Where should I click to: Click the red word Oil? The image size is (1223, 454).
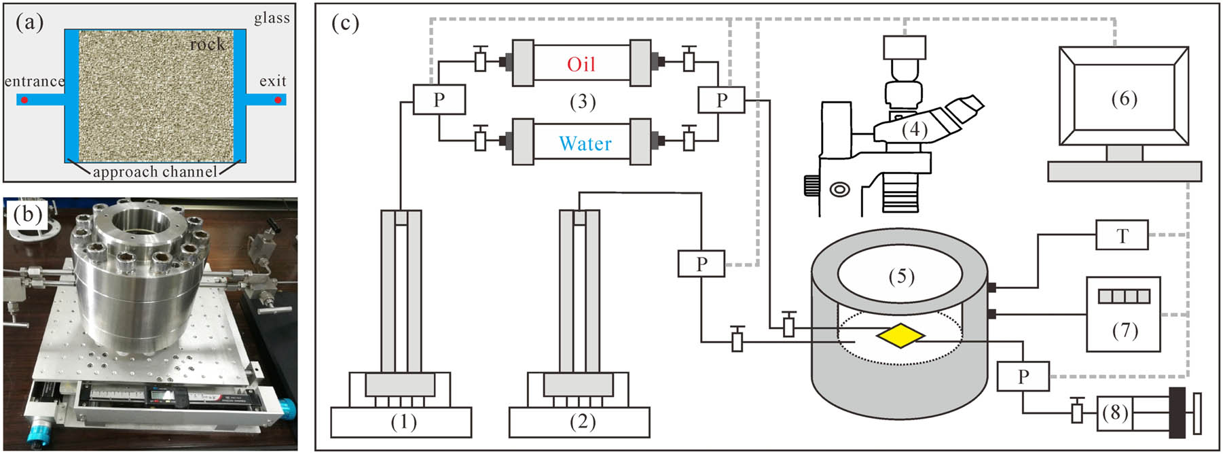pos(581,65)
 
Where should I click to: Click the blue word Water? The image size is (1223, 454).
pos(585,144)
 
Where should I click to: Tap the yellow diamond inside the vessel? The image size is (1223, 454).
pos(900,336)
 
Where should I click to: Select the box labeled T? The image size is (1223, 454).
pos(1122,236)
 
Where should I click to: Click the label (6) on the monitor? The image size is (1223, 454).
pos(1124,99)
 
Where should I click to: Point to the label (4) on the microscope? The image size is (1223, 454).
pos(914,129)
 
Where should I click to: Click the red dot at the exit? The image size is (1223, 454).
pos(278,101)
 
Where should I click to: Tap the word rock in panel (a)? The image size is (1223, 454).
pos(207,45)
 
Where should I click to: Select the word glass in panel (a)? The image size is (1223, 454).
pos(272,18)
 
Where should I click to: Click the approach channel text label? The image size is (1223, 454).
pos(155,172)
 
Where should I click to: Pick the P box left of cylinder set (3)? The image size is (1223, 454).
pos(439,100)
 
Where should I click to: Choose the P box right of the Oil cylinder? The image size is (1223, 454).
pos(721,101)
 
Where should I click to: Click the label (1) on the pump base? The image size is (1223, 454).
pos(403,422)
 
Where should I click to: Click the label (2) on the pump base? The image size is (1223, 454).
pos(582,422)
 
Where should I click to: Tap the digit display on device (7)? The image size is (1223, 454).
pos(1124,296)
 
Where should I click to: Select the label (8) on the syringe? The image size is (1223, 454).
pos(1115,413)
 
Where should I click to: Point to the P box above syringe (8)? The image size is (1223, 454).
pos(1023,377)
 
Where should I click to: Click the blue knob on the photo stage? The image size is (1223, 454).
pos(289,408)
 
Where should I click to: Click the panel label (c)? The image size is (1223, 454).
pos(346,24)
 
